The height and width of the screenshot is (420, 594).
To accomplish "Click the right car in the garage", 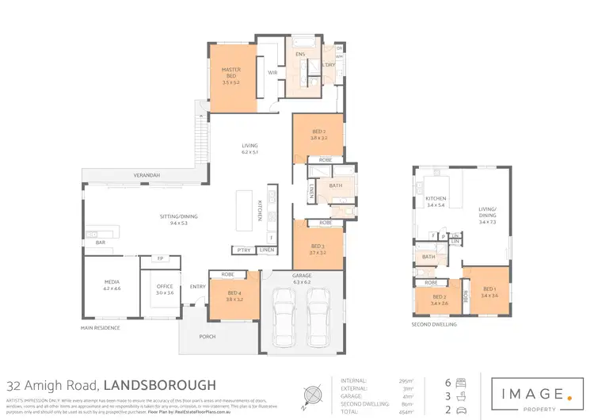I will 318,315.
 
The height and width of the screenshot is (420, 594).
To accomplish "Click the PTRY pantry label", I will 242,250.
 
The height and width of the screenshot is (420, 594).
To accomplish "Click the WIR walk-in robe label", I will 272,72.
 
